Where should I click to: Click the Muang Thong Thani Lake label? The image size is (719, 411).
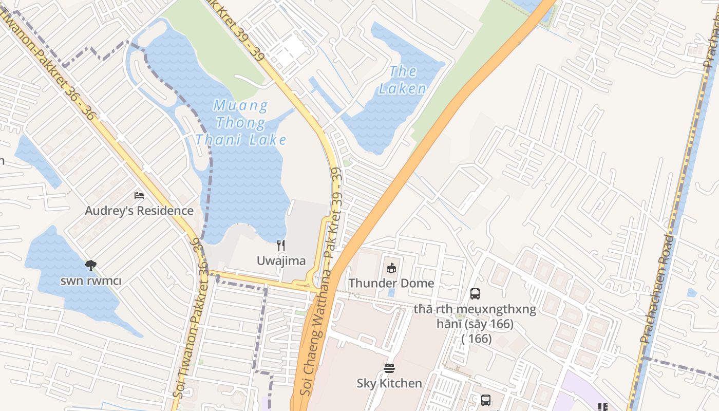tap(240, 123)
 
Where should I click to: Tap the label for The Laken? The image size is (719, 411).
tap(403, 80)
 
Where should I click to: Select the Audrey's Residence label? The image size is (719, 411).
tap(139, 211)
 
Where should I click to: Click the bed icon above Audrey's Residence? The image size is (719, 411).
tap(139, 196)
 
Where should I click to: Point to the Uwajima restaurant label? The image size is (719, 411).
tap(281, 260)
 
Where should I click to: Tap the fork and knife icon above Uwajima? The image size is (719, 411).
tap(281, 246)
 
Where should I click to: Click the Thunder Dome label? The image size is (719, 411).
tap(391, 283)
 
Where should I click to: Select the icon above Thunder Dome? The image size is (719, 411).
tap(391, 268)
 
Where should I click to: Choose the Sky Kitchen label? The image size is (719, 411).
tap(389, 383)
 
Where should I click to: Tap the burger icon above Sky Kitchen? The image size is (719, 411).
tap(389, 368)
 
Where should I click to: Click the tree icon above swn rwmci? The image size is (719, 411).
tap(91, 266)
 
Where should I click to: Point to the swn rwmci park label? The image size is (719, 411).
tap(91, 281)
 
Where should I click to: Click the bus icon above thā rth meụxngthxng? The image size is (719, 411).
tap(475, 294)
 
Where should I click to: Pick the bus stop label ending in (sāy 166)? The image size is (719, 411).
tap(475, 324)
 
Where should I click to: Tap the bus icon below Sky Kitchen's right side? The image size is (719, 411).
tap(485, 400)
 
